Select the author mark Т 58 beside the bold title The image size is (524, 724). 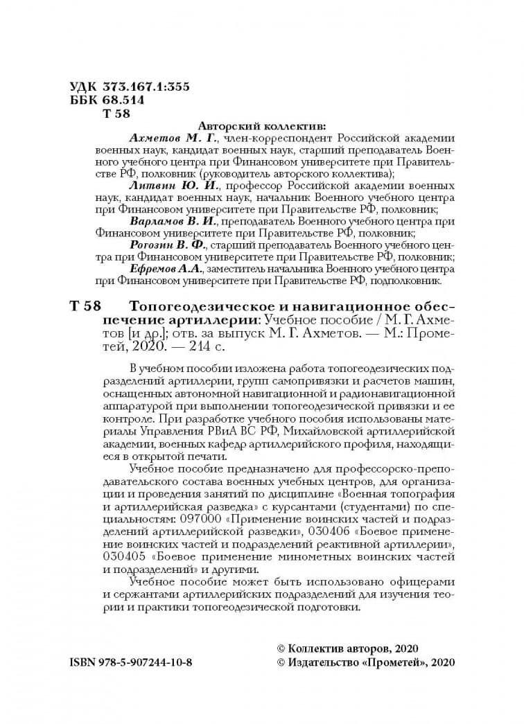point(85,306)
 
